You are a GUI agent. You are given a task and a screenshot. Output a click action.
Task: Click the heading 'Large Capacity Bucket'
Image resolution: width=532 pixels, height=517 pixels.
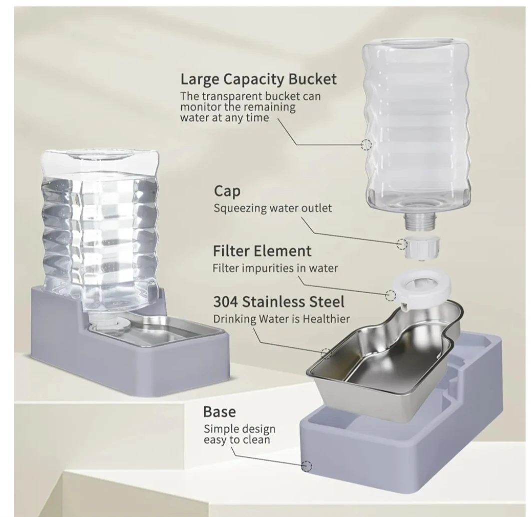click(258, 79)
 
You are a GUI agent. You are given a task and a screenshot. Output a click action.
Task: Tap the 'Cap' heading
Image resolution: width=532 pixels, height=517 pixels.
click(227, 191)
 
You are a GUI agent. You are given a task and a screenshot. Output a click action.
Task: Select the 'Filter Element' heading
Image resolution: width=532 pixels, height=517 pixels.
click(262, 251)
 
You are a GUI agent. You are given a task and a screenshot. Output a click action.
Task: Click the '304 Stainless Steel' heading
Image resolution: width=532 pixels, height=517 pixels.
click(279, 301)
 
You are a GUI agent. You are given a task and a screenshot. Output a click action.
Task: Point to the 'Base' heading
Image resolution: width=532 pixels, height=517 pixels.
click(219, 411)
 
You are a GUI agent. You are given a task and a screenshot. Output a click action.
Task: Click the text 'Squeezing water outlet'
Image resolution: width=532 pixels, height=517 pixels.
click(272, 208)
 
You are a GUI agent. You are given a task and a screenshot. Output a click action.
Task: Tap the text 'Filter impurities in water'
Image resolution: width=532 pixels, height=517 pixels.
click(275, 268)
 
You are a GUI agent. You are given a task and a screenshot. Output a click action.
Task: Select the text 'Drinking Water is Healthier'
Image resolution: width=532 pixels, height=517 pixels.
click(281, 319)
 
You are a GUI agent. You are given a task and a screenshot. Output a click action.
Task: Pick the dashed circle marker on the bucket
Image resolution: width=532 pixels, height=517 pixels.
click(366, 144)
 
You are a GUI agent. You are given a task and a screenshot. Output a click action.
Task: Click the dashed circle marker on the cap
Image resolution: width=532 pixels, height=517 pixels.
click(402, 243)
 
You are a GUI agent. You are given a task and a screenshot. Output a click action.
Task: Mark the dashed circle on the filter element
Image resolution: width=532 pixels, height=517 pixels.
click(391, 295)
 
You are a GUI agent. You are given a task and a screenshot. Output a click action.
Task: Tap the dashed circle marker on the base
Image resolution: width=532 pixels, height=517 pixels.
click(307, 466)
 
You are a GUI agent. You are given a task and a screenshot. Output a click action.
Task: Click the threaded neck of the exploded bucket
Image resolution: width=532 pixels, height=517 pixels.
click(420, 221)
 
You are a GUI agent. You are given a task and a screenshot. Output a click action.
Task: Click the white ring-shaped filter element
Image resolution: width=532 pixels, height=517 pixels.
click(422, 288)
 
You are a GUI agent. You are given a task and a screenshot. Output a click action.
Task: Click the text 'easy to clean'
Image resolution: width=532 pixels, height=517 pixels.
click(237, 440)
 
